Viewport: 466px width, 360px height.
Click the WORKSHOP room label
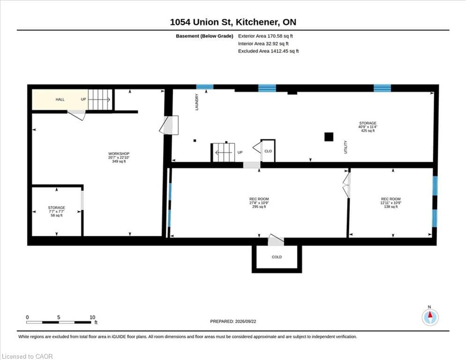119,154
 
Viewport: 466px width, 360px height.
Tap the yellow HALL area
60,99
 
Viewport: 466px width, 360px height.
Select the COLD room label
277,257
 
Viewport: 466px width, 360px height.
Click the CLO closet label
268,151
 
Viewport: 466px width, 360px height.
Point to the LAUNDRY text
197,102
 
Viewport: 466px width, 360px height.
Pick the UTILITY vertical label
346,147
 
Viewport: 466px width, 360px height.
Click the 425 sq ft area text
368,131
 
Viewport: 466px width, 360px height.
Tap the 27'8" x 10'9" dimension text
259,202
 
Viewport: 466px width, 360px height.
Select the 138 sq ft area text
391,206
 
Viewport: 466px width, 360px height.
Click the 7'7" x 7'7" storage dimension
57,211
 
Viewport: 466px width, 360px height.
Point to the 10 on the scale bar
92,317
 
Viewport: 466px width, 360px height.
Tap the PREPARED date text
233,321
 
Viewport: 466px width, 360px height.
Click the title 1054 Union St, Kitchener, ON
233,22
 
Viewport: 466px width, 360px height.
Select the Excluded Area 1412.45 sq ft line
268,51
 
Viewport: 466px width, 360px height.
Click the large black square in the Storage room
329,137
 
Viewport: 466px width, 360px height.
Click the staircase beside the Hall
100,99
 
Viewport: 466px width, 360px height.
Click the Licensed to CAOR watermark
27,356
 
